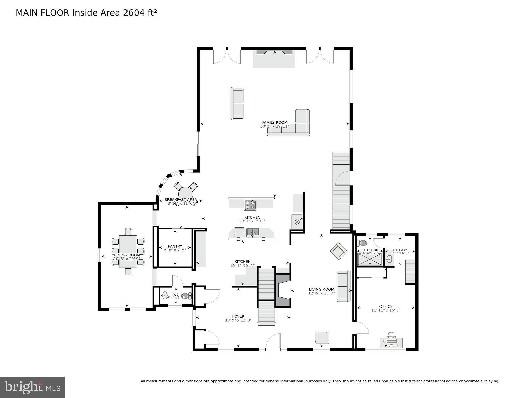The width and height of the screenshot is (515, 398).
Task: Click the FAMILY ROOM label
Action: coord(274,122)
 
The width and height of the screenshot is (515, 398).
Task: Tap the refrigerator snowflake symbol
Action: coord(297,222)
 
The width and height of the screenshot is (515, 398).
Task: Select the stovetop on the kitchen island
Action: coord(250,205)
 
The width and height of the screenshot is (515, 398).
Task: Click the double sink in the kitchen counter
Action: coord(253,232)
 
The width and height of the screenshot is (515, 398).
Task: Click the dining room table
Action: coord(128,252)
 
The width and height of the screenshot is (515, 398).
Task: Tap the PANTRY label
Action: coord(175,246)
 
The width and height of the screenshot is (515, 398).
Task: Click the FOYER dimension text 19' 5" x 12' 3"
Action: coord(238,320)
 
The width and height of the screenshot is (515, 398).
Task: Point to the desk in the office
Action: coord(391,343)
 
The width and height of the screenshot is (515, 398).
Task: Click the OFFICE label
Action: coord(386,306)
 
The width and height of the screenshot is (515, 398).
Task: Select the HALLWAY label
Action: coord(400,250)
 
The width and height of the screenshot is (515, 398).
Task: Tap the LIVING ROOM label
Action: coord(321,289)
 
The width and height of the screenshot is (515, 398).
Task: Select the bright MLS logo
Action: coord(32,387)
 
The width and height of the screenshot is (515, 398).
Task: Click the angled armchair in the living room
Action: coord(338,251)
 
